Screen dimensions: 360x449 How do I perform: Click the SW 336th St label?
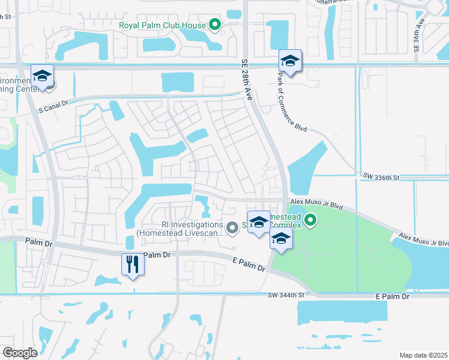coord(381,177)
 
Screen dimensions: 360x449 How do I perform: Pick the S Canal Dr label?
coord(54,107)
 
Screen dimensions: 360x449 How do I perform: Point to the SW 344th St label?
coord(288,295)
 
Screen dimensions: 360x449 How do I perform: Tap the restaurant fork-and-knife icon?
coord(133,263)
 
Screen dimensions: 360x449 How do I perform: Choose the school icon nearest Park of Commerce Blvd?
coord(290,61)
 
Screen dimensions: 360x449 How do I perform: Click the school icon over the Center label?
coord(42,76)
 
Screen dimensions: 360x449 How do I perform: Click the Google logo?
coord(20,353)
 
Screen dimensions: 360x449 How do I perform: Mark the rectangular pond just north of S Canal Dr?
coord(178,82)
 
